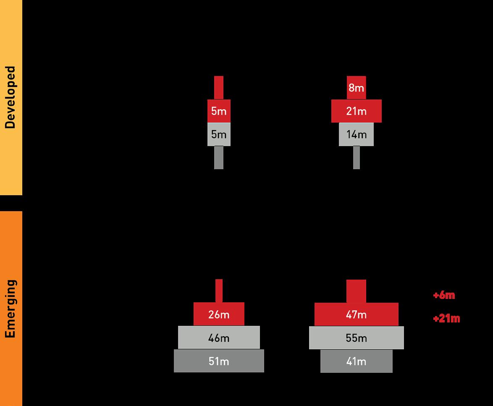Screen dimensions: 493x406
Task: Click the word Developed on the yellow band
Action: pyautogui.click(x=10, y=97)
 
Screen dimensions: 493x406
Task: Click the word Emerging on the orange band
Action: pyautogui.click(x=10, y=308)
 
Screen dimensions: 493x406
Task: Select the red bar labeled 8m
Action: pyautogui.click(x=356, y=88)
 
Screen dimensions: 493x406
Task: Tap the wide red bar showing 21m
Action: pyautogui.click(x=356, y=111)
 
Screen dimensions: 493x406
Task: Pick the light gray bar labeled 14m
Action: pyautogui.click(x=356, y=134)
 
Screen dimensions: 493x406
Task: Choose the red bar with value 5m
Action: pyautogui.click(x=219, y=111)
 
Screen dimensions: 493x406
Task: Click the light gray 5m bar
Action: pyautogui.click(x=219, y=134)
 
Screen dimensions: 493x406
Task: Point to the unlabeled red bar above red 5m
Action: pyautogui.click(x=219, y=87)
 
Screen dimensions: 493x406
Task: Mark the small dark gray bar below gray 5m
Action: pyautogui.click(x=219, y=157)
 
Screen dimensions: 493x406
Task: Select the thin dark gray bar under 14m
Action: pyautogui.click(x=356, y=157)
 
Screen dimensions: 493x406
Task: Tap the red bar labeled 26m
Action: pyautogui.click(x=219, y=314)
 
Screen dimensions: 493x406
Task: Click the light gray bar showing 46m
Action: pyautogui.click(x=219, y=338)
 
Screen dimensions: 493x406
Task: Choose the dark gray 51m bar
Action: pyautogui.click(x=219, y=361)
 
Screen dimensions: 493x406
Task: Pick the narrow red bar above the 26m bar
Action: pyautogui.click(x=219, y=291)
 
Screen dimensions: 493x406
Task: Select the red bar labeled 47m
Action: pyautogui.click(x=356, y=314)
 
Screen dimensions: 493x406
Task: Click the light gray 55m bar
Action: pyautogui.click(x=356, y=338)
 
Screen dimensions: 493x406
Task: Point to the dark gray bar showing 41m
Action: pyautogui.click(x=356, y=361)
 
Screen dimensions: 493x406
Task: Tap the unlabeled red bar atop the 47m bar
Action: pyautogui.click(x=356, y=291)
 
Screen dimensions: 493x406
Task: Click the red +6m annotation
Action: pyautogui.click(x=444, y=295)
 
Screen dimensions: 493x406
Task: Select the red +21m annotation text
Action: pyautogui.click(x=446, y=319)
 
